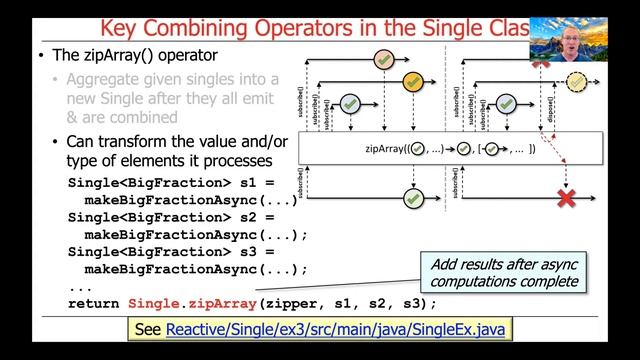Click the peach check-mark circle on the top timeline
point(382,59)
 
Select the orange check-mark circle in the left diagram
point(411,81)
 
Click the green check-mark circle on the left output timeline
point(411,198)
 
